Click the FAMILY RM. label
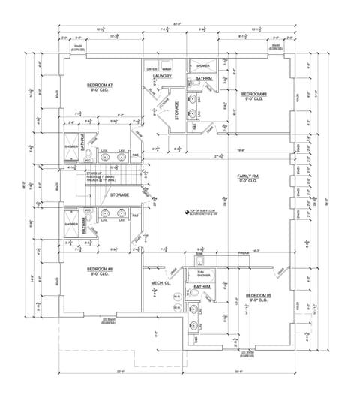coord(248,178)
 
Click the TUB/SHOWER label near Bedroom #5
coord(203,273)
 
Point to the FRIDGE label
coord(244,253)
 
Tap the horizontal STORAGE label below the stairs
coord(119,195)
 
